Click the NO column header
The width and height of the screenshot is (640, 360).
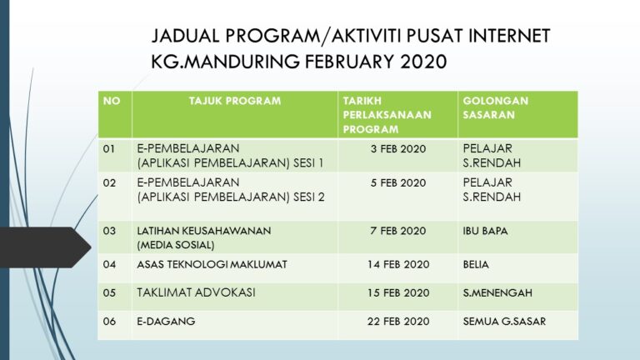point(111,101)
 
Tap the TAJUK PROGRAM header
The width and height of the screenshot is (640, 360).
point(235,101)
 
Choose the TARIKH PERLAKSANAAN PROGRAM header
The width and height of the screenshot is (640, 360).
point(387,115)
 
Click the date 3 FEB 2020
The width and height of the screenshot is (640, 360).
point(398,149)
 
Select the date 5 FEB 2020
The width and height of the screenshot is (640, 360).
point(398,182)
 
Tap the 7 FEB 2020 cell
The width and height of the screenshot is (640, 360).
point(398,231)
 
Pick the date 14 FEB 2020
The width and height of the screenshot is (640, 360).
point(398,265)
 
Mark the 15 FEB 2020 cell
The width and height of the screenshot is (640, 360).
point(398,292)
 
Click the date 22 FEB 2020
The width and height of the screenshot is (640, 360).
point(398,322)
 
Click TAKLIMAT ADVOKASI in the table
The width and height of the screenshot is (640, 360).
point(196,292)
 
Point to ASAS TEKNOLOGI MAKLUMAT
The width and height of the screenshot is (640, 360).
point(212,265)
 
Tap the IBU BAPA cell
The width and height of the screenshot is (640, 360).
point(485,231)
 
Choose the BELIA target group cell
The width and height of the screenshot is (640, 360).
point(476,265)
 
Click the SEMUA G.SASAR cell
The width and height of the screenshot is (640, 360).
point(504,322)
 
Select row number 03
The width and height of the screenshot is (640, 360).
point(109,231)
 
